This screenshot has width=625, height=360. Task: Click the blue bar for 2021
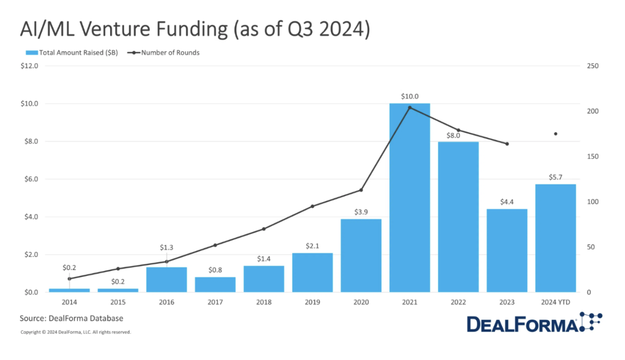click(x=409, y=198)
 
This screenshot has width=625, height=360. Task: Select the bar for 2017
click(x=215, y=285)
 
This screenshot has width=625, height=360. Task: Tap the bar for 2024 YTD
click(x=556, y=238)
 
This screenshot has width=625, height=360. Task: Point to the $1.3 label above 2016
click(x=167, y=247)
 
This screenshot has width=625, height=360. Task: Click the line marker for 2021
click(x=410, y=108)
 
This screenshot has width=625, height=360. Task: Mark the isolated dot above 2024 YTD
click(x=556, y=134)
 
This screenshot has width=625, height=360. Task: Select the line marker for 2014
click(x=69, y=279)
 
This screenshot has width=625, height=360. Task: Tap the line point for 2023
click(x=507, y=144)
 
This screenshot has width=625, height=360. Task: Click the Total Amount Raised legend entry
click(x=72, y=52)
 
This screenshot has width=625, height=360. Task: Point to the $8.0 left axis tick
click(x=29, y=141)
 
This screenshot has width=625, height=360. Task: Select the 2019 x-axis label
click(x=312, y=302)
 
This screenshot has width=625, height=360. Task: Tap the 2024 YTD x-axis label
click(x=556, y=302)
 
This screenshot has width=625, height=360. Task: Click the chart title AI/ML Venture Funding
click(x=195, y=30)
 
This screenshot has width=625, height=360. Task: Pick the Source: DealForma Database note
click(x=71, y=318)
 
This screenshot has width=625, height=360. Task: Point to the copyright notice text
click(x=75, y=332)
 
